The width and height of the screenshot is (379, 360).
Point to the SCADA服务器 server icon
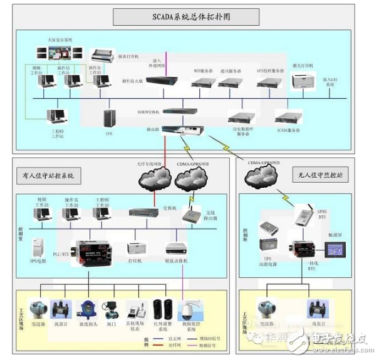(289, 116)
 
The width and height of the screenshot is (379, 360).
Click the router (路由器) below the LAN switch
(174, 130)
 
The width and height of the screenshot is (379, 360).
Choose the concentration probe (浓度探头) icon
(85, 308)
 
